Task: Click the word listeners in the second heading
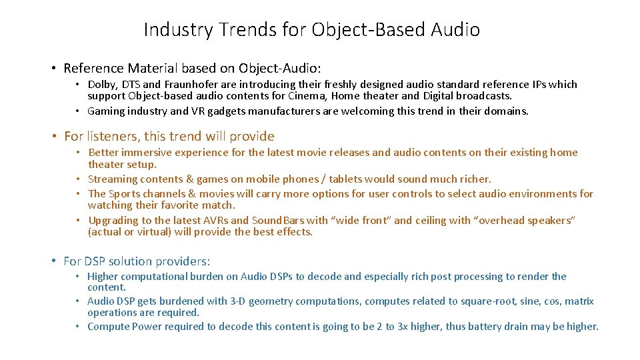(x=111, y=137)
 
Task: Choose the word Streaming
(x=111, y=179)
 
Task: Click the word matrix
(x=579, y=301)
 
